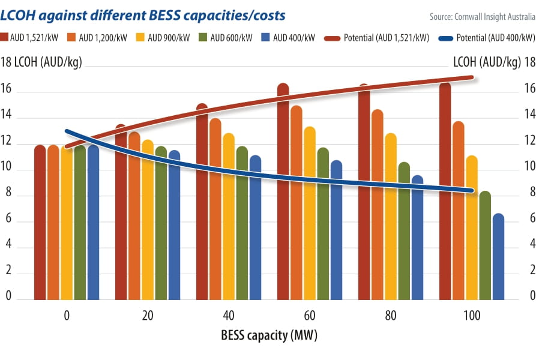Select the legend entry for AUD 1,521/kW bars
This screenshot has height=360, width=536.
pos(35,38)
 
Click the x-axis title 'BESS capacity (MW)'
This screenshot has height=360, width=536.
pos(268,335)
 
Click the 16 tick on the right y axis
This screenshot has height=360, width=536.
pos(529,89)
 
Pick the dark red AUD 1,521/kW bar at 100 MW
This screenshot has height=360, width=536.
pos(445,192)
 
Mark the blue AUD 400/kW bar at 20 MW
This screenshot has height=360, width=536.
pos(175,225)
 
